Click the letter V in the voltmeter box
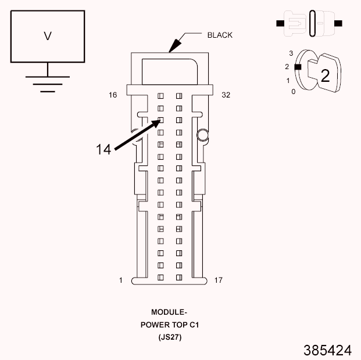pos(48,36)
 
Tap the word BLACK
pos(220,35)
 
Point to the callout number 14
pos(103,149)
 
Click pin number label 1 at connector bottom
pos(121,280)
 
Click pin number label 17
pos(219,280)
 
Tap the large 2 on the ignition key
pos(325,76)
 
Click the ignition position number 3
pos(291,53)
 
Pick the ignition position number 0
pos(293,92)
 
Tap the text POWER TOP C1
pos(169,325)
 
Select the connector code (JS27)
pos(169,337)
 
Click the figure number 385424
pos(327,351)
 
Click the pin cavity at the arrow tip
pos(162,121)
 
